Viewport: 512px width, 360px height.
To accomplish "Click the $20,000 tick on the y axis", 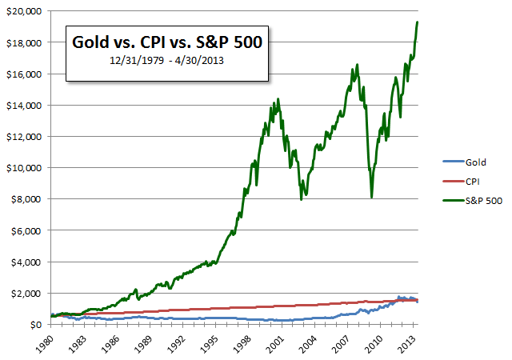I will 25,10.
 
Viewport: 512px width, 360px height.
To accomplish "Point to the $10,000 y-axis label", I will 25,167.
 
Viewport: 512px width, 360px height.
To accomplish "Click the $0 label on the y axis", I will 37,324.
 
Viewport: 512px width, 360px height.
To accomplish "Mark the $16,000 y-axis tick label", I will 25,74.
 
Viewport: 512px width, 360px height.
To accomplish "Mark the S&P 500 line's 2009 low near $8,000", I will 371,197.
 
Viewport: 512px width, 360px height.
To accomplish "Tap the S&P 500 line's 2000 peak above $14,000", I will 278,99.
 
